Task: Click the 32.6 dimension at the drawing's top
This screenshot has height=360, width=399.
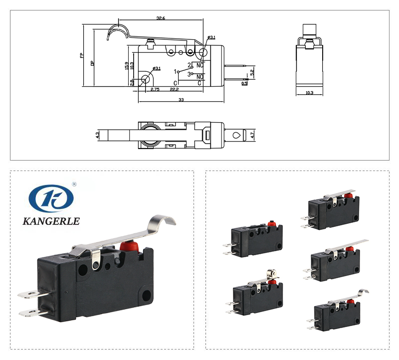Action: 161,18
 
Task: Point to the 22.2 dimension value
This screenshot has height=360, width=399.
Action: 174,89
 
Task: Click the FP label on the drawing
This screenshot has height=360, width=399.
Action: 82,55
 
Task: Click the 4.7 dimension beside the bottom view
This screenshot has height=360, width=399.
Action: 253,135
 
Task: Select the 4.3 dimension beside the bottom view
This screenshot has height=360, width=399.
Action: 98,135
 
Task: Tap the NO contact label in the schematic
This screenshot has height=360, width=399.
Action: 199,77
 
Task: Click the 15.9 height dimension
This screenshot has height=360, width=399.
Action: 127,65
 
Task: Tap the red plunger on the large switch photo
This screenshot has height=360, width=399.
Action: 128,245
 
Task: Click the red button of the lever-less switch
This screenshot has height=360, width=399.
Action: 272,224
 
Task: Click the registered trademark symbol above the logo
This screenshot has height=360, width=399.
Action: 74,184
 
